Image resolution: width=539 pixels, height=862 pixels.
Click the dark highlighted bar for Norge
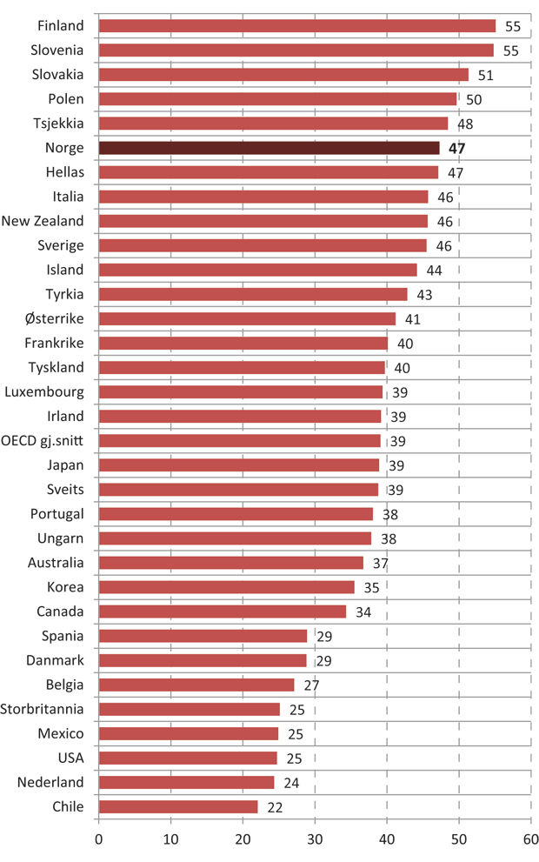click(x=269, y=148)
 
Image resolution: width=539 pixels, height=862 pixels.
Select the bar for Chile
click(x=178, y=806)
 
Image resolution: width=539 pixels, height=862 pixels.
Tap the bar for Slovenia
click(x=296, y=50)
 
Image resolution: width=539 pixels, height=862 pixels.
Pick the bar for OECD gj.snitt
click(x=240, y=440)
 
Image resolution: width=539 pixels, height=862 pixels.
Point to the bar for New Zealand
click(x=263, y=221)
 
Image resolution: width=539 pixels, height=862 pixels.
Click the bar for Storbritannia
click(x=190, y=709)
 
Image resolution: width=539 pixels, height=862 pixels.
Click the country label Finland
click(x=61, y=26)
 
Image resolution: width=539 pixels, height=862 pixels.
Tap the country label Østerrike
click(x=55, y=318)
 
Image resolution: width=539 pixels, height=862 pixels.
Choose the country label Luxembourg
click(x=44, y=391)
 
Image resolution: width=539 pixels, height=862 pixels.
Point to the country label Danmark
click(x=57, y=660)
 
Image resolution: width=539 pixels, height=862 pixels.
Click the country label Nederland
click(x=50, y=782)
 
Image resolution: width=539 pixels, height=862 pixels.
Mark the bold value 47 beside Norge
click(x=457, y=149)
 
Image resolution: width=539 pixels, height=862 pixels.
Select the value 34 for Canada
click(x=363, y=612)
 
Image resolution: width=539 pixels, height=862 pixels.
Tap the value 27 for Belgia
click(x=312, y=685)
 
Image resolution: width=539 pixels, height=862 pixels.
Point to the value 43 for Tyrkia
click(x=424, y=295)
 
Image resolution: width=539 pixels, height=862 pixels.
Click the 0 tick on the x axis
click(x=98, y=841)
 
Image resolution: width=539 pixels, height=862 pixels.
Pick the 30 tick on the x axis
click(x=314, y=841)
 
